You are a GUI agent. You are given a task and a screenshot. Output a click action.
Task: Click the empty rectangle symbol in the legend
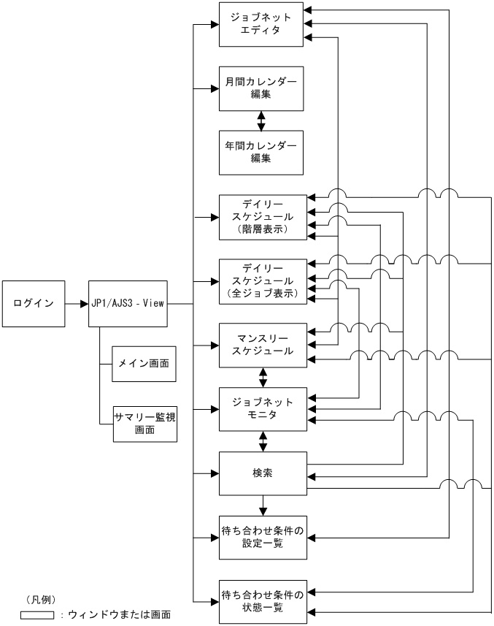click(38, 615)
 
